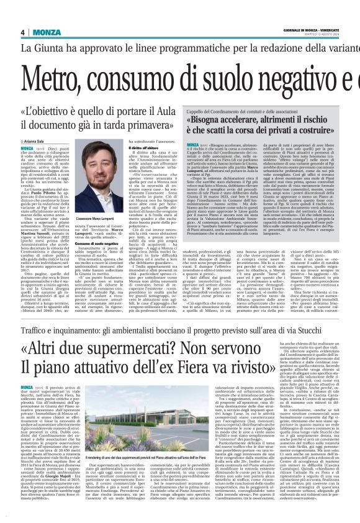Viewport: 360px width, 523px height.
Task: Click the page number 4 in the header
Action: (23, 32)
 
